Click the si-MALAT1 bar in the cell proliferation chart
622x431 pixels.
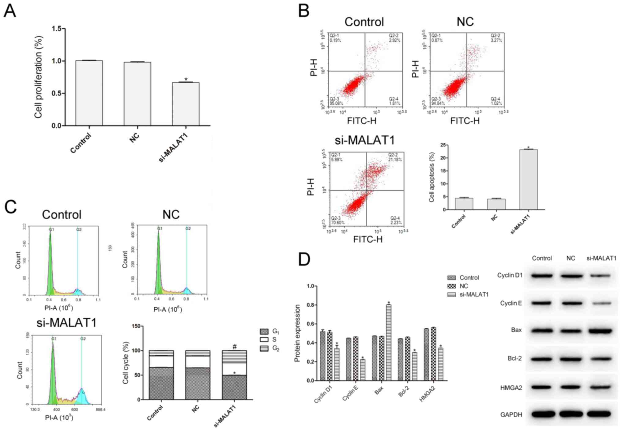tap(186, 104)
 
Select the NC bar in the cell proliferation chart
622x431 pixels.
tap(137, 94)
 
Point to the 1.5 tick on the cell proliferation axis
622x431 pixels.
tap(57, 29)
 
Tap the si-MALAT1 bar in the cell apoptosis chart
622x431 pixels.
tap(528, 180)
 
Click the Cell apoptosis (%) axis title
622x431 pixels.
tap(432, 177)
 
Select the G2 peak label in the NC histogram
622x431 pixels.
tap(188, 229)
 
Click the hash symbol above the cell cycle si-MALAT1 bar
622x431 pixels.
tap(235, 346)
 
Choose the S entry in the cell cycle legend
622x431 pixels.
tap(274, 339)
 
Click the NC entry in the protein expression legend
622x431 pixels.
tap(464, 286)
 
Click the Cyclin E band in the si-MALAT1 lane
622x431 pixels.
tap(600, 304)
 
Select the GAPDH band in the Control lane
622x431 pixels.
tap(542, 414)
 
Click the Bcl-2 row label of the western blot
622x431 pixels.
tap(515, 358)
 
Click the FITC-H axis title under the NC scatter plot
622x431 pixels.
tap(465, 121)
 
